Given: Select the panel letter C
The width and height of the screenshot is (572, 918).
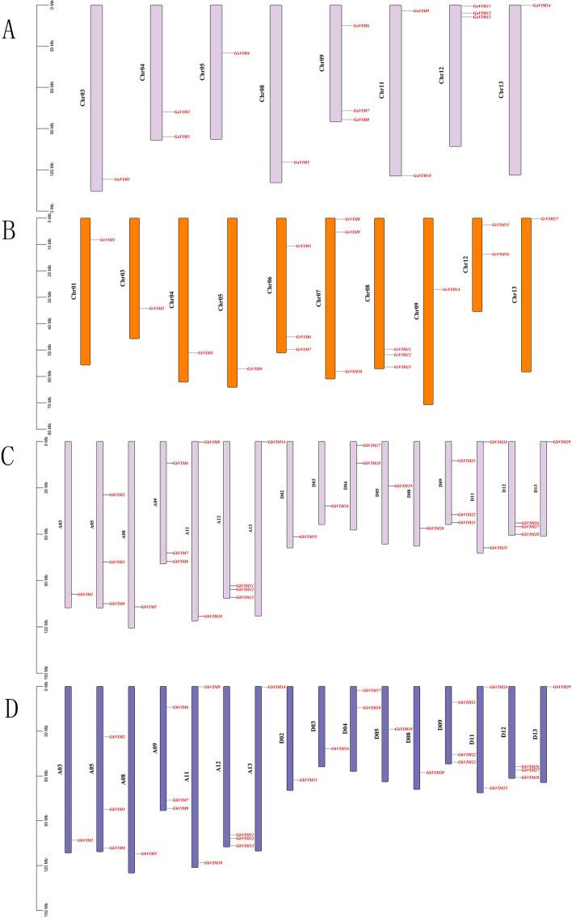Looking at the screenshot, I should [x=10, y=456].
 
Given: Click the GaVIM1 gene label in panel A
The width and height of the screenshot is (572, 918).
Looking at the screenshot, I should [x=122, y=179].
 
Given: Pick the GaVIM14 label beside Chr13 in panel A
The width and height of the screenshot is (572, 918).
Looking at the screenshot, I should [x=541, y=6].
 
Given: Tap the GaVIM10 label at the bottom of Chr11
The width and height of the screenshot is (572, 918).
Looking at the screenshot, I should [x=422, y=175].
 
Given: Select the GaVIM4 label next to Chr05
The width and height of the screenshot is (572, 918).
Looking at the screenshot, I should [x=242, y=53].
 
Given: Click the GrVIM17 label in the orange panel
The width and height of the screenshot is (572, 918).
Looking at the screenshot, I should [x=549, y=219].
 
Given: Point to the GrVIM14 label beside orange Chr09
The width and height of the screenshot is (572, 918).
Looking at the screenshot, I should [x=452, y=289].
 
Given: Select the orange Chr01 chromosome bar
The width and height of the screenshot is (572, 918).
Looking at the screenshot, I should [x=86, y=291].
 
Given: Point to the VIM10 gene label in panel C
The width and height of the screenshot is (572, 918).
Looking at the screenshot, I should [x=213, y=617].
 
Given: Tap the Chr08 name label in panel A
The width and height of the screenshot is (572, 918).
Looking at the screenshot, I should [x=262, y=94].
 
